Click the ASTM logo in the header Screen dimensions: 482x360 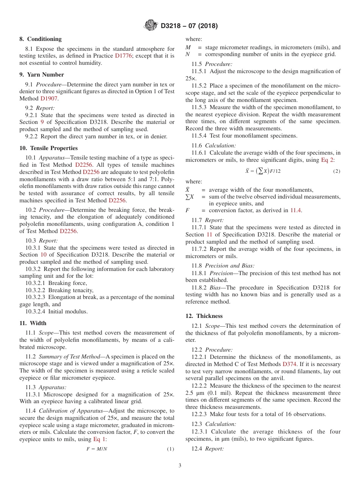coord(151,26)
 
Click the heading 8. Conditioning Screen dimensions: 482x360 coord(41,39)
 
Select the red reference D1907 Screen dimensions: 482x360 coord(49,99)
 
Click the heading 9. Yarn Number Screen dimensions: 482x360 coord(42,75)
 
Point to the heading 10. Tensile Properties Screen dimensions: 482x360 coord(49,148)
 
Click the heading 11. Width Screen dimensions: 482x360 coord(33,323)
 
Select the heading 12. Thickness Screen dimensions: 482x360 coord(204,316)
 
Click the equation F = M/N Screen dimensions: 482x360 coord(97,449)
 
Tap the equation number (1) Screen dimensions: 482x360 coord(171,449)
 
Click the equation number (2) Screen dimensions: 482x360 coord(337,171)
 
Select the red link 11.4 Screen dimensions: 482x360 coord(296,211)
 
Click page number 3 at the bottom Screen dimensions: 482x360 coord(180,466)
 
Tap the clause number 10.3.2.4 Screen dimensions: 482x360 coord(36,312)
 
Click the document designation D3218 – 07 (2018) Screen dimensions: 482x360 coord(189,26)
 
